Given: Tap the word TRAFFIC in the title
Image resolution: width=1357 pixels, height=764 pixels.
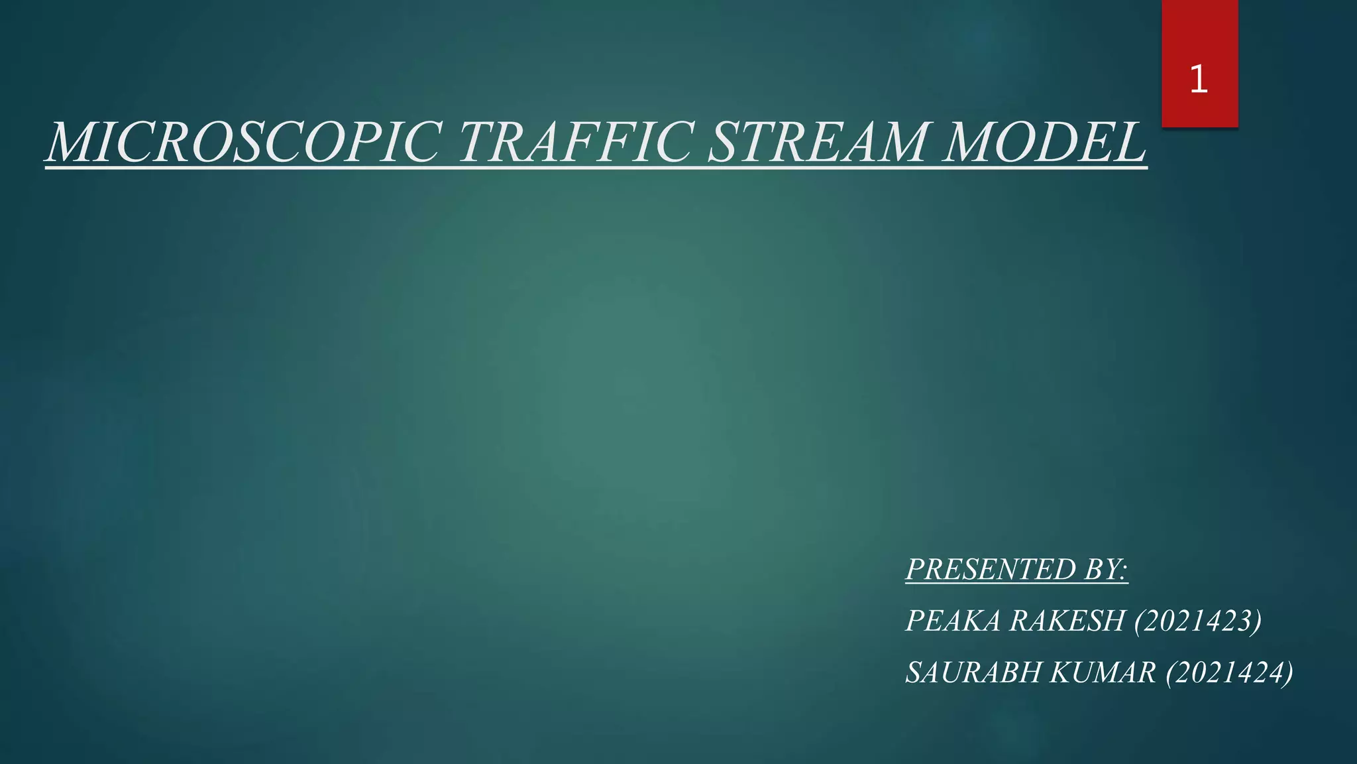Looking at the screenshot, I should coord(574,143).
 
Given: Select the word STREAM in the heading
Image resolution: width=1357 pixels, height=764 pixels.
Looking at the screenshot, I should coord(817,143).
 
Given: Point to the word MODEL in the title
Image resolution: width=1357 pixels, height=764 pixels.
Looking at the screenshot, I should coord(1045,143).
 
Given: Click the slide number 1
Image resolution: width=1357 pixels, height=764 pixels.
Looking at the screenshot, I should coord(1199,80).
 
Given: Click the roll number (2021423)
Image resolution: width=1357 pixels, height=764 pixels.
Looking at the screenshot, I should coord(1198,621).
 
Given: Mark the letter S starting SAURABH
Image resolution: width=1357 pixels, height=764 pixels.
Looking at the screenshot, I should coord(914,673).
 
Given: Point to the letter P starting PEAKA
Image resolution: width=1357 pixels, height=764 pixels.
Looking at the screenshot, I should coord(915,621).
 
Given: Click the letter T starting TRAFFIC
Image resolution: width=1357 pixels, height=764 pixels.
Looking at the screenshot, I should coord(476,143).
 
